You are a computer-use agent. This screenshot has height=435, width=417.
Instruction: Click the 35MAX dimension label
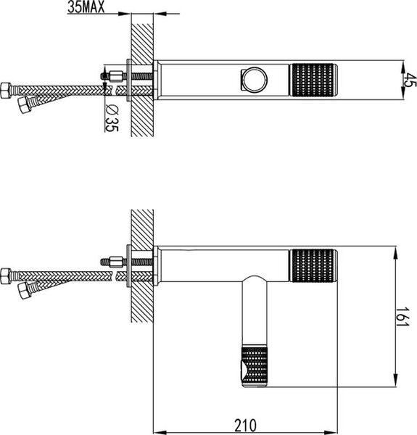[86, 7]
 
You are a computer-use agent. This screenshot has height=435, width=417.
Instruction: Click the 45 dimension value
[410, 80]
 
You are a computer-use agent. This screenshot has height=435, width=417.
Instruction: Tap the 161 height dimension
[402, 317]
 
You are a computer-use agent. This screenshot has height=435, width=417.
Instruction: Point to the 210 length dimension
[246, 426]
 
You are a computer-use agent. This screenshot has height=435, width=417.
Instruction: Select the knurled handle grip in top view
[313, 80]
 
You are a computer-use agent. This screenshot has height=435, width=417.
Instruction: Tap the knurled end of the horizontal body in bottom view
[313, 265]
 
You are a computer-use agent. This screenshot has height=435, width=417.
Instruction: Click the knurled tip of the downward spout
[255, 366]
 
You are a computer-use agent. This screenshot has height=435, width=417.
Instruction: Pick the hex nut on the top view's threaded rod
[116, 76]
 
